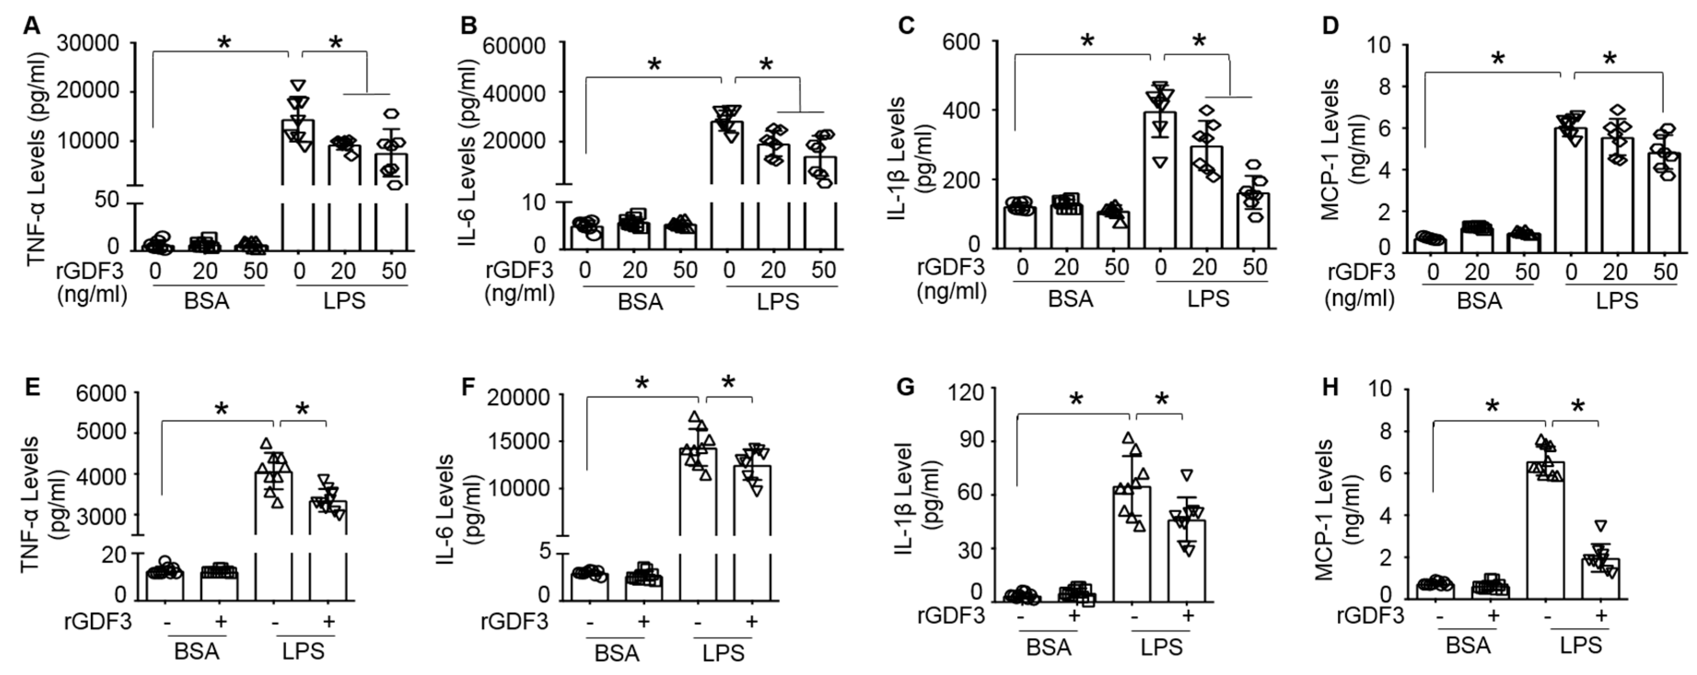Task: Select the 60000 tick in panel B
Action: point(515,46)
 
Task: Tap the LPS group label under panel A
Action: point(344,301)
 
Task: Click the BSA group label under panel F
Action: point(616,653)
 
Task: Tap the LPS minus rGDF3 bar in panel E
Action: point(273,520)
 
